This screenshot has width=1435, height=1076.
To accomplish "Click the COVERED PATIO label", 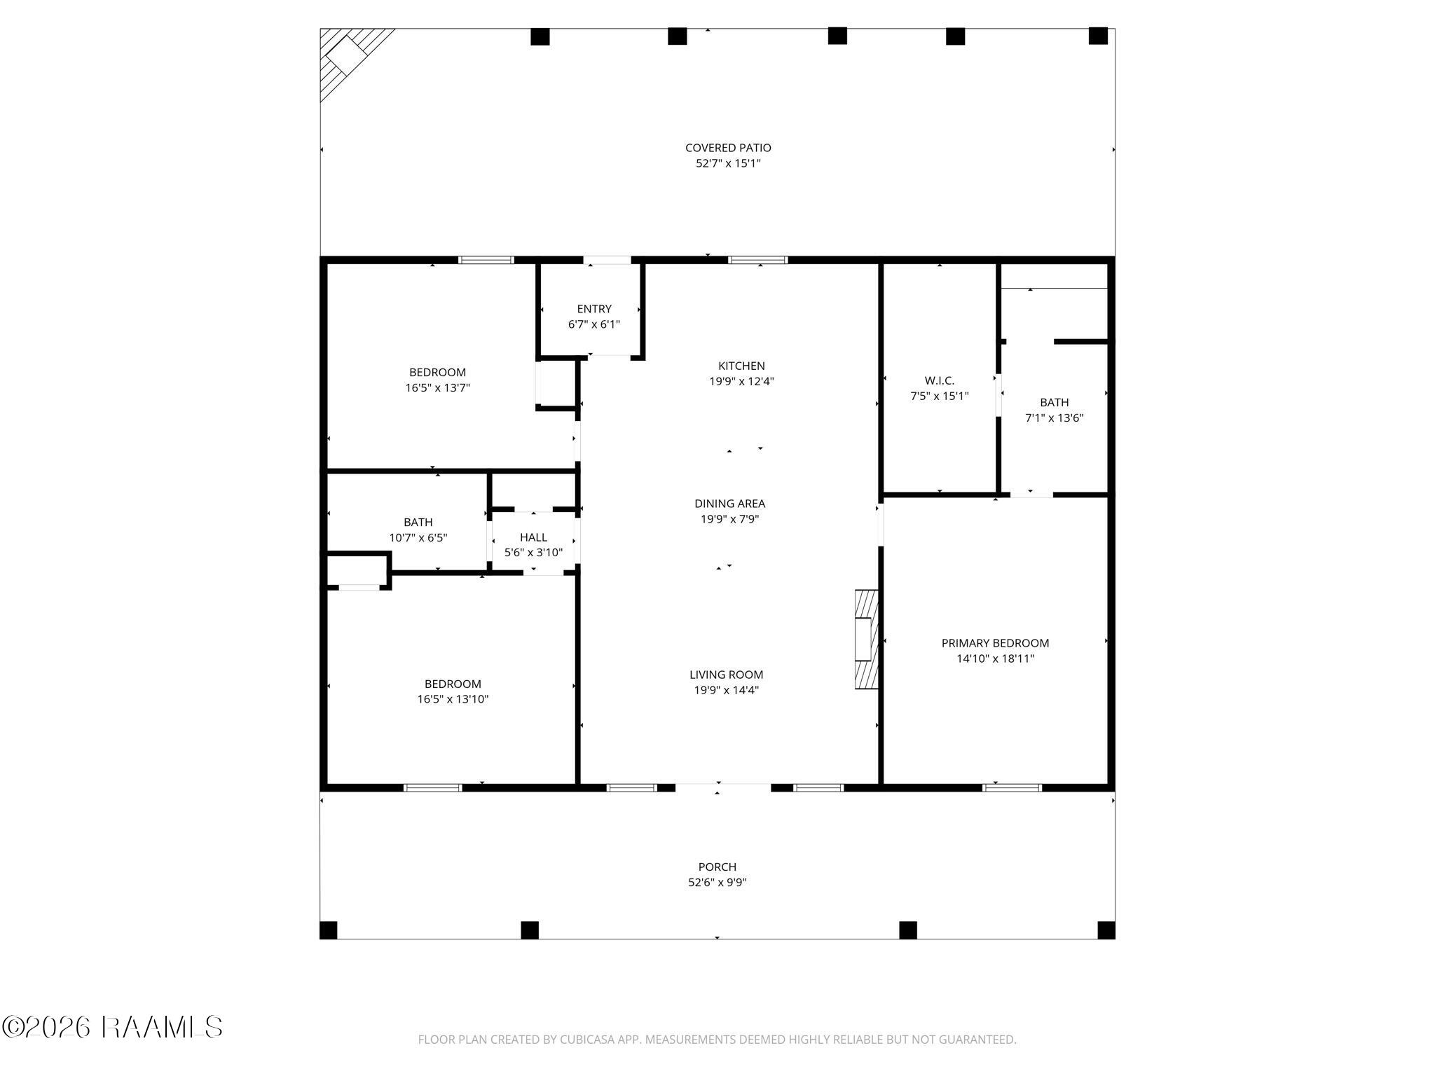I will coord(728,148).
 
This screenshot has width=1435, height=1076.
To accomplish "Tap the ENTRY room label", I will coord(594,309).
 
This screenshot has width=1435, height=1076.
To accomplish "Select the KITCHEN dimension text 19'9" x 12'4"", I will coord(741,382).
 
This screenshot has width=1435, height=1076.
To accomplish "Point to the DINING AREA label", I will coord(729,504).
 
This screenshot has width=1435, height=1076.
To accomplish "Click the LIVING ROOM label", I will coord(726,675).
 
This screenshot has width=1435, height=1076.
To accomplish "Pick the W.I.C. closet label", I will coord(939,380).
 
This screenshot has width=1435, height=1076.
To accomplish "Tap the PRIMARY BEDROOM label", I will coord(995,643).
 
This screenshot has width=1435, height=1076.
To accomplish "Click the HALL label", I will coord(533,537).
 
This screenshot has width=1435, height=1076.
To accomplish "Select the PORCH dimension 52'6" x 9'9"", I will coord(717,883).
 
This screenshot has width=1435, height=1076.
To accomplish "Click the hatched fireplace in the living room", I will coord(866,640).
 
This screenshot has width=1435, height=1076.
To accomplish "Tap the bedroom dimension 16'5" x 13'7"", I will coord(437,387).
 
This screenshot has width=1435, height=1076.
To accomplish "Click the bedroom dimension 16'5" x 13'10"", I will coord(453,699).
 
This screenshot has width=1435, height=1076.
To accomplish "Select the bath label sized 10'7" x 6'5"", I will coord(418,523).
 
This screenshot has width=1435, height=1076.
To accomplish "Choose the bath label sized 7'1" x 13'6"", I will coord(1054,403).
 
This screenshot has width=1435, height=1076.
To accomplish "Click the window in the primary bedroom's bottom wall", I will coord(1012,788).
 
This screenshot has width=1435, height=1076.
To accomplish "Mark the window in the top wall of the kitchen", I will coord(757,260).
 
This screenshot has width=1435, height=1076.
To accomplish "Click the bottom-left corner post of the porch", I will coord(328,930).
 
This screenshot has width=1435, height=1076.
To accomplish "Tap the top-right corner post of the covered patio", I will coord(1097,36).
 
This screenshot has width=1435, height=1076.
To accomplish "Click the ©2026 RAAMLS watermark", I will coord(112,1028).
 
